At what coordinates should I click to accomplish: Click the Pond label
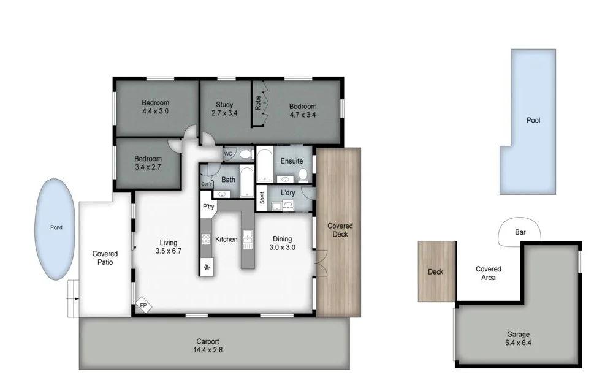pyautogui.click(x=56, y=227)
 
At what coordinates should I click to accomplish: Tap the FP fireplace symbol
pyautogui.click(x=143, y=305)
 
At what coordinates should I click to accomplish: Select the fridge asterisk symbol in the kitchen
pyautogui.click(x=207, y=267)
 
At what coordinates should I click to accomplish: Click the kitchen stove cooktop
pyautogui.click(x=207, y=240)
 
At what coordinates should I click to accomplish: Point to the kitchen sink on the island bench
pyautogui.click(x=248, y=239)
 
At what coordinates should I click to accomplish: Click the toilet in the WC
pyautogui.click(x=245, y=154)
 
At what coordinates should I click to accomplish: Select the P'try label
pyautogui.click(x=208, y=207)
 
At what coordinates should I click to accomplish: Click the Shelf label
pyautogui.click(x=262, y=197)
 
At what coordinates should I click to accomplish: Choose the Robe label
pyautogui.click(x=259, y=102)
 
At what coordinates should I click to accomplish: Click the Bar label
pyautogui.click(x=520, y=233)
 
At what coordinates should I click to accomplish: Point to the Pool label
pyautogui.click(x=533, y=121)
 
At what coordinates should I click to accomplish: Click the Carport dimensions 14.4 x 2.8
pyautogui.click(x=208, y=350)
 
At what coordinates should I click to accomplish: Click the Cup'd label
pyautogui.click(x=206, y=184)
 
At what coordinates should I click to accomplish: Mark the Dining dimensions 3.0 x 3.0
pyautogui.click(x=283, y=248)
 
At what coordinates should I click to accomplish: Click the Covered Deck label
pyautogui.click(x=340, y=230)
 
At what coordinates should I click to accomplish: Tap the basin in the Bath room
pyautogui.click(x=221, y=194)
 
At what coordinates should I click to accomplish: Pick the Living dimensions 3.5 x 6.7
pyautogui.click(x=168, y=251)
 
